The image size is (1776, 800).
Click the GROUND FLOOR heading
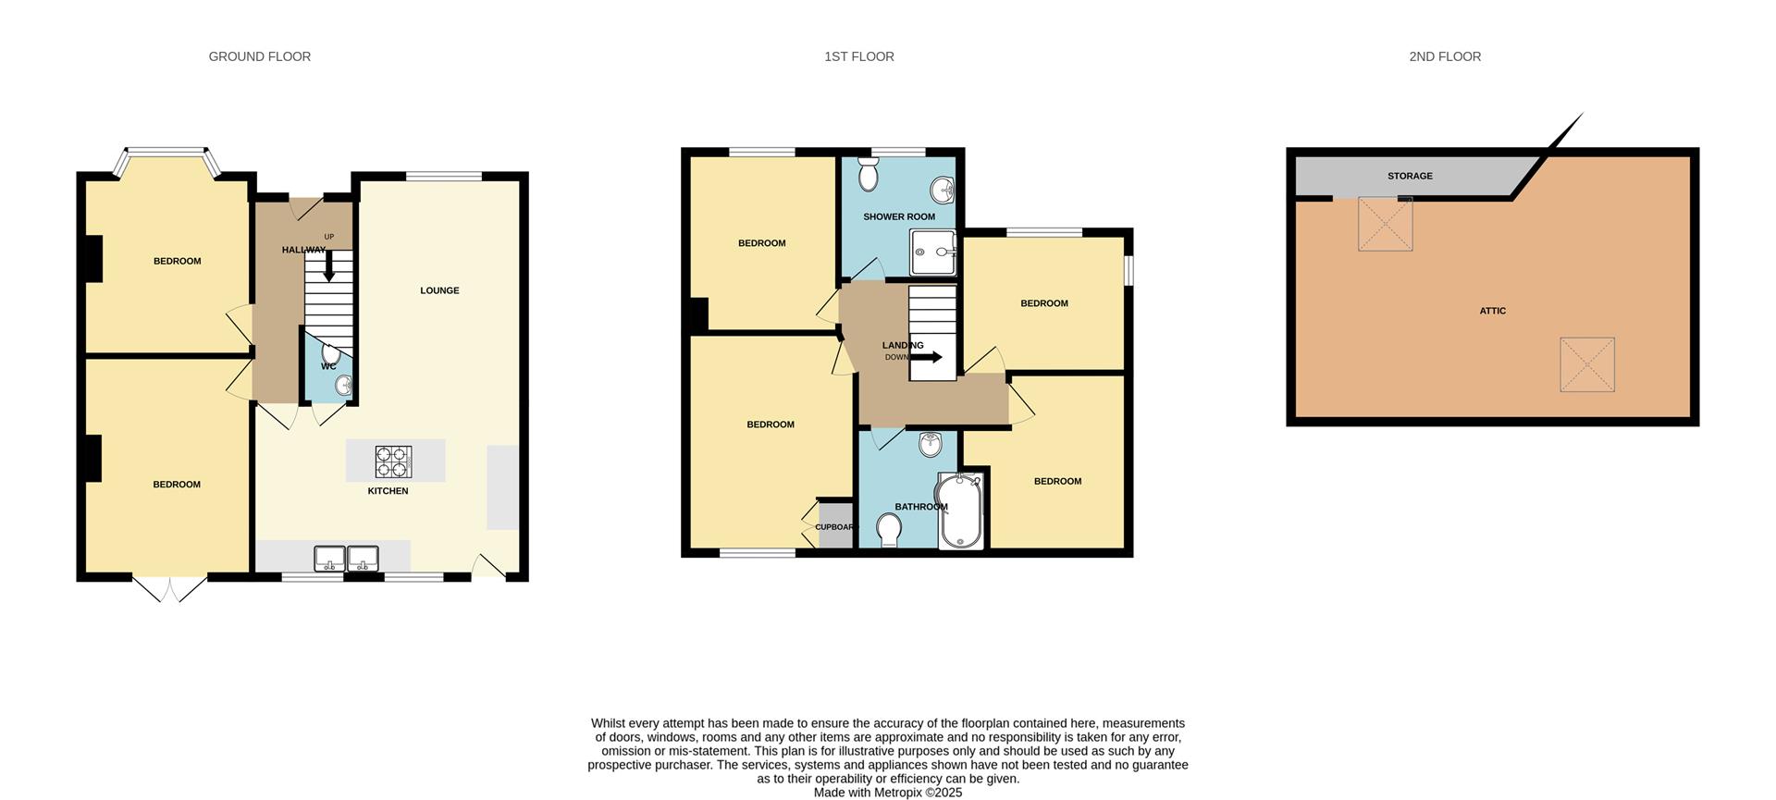pyautogui.click(x=259, y=56)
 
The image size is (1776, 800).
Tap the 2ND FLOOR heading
pyautogui.click(x=1444, y=56)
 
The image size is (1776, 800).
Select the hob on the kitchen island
pyautogui.click(x=393, y=461)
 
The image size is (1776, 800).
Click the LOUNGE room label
pyautogui.click(x=439, y=290)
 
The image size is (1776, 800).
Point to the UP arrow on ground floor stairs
pyautogui.click(x=328, y=267)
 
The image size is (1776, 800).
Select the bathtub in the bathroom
pyautogui.click(x=962, y=511)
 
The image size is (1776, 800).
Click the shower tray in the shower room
pyautogui.click(x=933, y=252)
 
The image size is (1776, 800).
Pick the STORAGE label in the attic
pyautogui.click(x=1409, y=176)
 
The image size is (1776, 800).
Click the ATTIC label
pyautogui.click(x=1492, y=311)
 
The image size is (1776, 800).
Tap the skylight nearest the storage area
pyautogui.click(x=1385, y=224)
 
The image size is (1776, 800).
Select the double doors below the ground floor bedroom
pyautogui.click(x=169, y=588)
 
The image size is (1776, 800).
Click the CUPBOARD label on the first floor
pyautogui.click(x=835, y=527)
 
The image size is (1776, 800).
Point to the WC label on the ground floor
pyautogui.click(x=328, y=366)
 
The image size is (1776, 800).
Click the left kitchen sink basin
pyautogui.click(x=329, y=559)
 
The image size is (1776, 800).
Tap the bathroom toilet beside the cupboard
pyautogui.click(x=889, y=531)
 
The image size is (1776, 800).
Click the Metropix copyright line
pyautogui.click(x=887, y=793)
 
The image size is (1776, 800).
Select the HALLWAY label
pyautogui.click(x=302, y=250)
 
